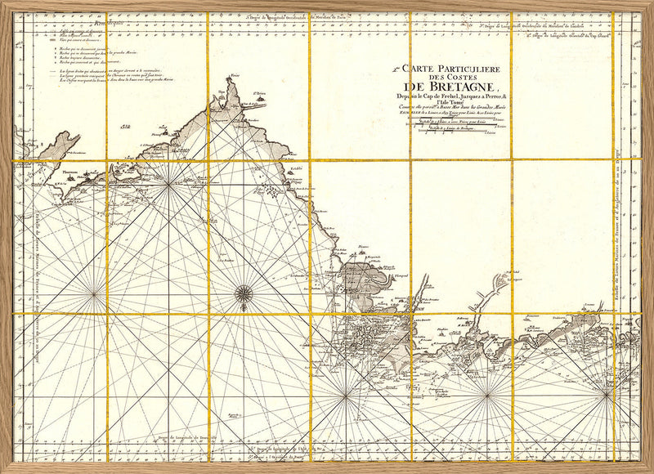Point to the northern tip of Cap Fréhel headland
click(235, 80)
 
